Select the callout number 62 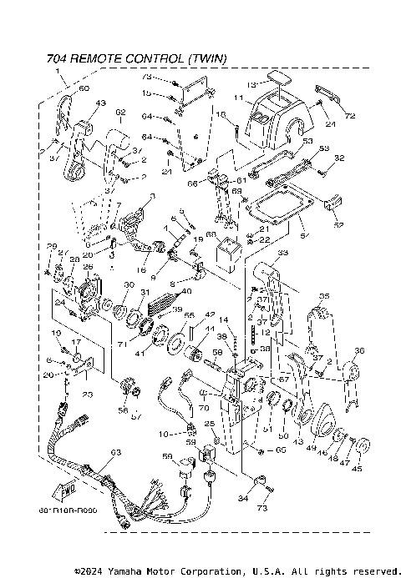120,112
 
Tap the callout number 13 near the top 251,83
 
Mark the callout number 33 282,254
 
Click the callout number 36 360,349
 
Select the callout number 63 115,452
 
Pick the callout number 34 243,499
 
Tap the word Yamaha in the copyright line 123,571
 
